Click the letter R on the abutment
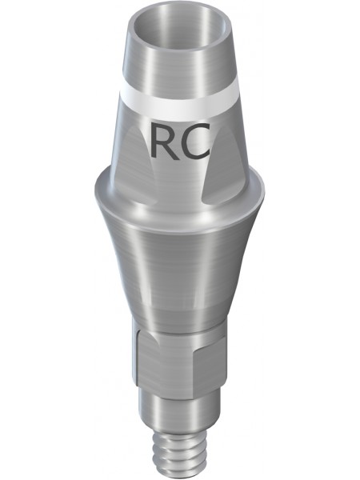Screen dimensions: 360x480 [164, 142]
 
